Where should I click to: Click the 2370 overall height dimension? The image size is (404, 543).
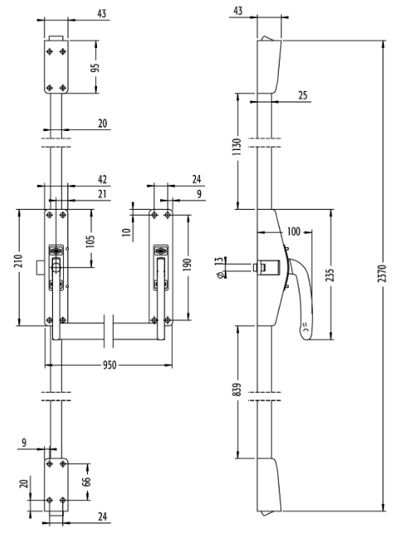coord(382,274)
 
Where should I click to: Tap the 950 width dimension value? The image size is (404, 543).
coord(110,365)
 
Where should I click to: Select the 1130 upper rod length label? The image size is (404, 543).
coord(237,146)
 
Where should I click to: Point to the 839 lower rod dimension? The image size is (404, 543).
coord(237,390)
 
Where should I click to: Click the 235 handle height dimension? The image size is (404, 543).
coord(330,274)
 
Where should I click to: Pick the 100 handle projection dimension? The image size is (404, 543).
coord(294,231)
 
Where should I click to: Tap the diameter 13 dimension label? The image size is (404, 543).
coord(219,267)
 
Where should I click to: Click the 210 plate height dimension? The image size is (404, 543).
coord(18,260)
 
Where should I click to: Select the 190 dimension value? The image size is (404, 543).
coord(187,264)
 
